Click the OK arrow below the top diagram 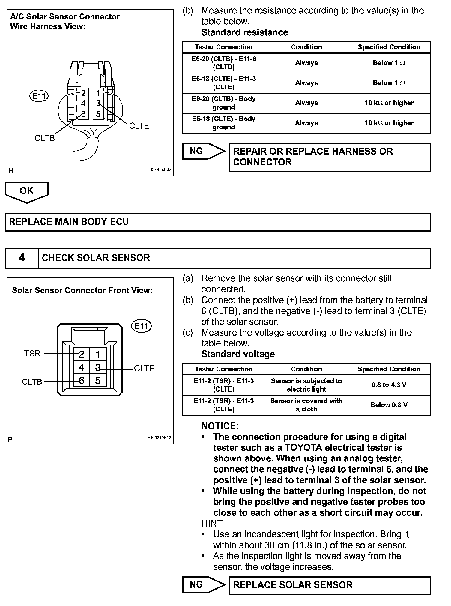pyautogui.click(x=27, y=191)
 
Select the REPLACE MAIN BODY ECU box pyautogui.click(x=217, y=222)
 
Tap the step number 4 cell pyautogui.click(x=22, y=258)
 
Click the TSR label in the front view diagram pyautogui.click(x=32, y=354)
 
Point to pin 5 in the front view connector pyautogui.click(x=98, y=381)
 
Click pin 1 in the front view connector pyautogui.click(x=98, y=355)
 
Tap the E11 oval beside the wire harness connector pyautogui.click(x=39, y=96)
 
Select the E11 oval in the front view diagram pyautogui.click(x=142, y=326)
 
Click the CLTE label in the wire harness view pyautogui.click(x=139, y=126)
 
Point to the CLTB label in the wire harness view pyautogui.click(x=45, y=138)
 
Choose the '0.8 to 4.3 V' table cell pyautogui.click(x=389, y=385)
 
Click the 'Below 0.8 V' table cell pyautogui.click(x=389, y=405)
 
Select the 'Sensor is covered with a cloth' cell pyautogui.click(x=306, y=405)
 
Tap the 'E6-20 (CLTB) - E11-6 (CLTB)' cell pyautogui.click(x=224, y=63)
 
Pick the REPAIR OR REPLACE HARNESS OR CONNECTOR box pyautogui.click(x=330, y=157)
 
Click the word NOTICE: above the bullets pyautogui.click(x=220, y=426)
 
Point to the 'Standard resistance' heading pyautogui.click(x=244, y=32)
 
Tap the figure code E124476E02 pyautogui.click(x=159, y=169)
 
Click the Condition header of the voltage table pyautogui.click(x=306, y=369)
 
